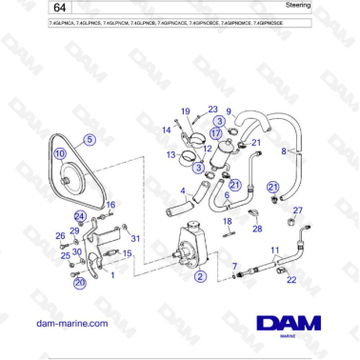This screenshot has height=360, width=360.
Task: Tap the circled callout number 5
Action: point(90,139)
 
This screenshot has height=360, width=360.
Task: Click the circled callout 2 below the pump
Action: point(200,276)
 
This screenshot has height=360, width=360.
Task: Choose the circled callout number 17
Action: point(216,133)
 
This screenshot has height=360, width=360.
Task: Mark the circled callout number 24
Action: point(80,217)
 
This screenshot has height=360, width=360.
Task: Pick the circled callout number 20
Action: point(80,282)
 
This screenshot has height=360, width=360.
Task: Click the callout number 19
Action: point(186,112)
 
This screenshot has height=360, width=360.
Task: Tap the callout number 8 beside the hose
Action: point(283,150)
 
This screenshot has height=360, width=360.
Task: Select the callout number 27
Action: point(297,210)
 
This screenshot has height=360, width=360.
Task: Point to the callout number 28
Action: point(257,229)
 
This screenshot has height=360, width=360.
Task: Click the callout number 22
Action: point(291,279)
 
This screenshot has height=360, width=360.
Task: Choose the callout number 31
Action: point(135,238)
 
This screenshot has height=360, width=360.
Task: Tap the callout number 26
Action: point(60,236)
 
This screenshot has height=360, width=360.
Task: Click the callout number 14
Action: point(166,130)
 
